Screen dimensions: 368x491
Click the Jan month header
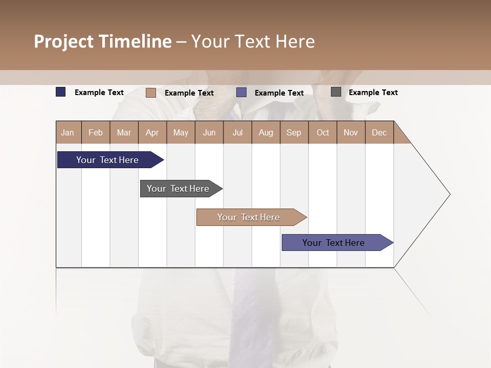pyautogui.click(x=68, y=132)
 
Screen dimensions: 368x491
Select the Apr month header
pyautogui.click(x=152, y=132)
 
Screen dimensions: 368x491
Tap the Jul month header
pyautogui.click(x=237, y=132)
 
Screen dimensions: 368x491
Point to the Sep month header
pyautogui.click(x=294, y=132)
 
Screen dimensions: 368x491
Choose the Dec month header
pyautogui.click(x=379, y=132)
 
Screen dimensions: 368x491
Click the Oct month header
pyautogui.click(x=323, y=132)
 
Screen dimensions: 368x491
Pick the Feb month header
pyautogui.click(x=96, y=132)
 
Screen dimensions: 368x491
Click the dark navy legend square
pyautogui.click(x=61, y=92)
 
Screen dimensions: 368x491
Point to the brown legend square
pyautogui.click(x=151, y=93)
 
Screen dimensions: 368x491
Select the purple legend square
pyautogui.click(x=241, y=93)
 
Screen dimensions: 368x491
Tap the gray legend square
pyautogui.click(x=336, y=92)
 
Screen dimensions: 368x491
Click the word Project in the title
pyautogui.click(x=63, y=41)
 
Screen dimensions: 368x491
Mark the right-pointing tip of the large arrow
pyautogui.click(x=449, y=194)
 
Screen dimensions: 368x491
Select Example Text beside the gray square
pyautogui.click(x=373, y=93)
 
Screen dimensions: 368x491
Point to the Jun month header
pyautogui.click(x=209, y=132)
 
